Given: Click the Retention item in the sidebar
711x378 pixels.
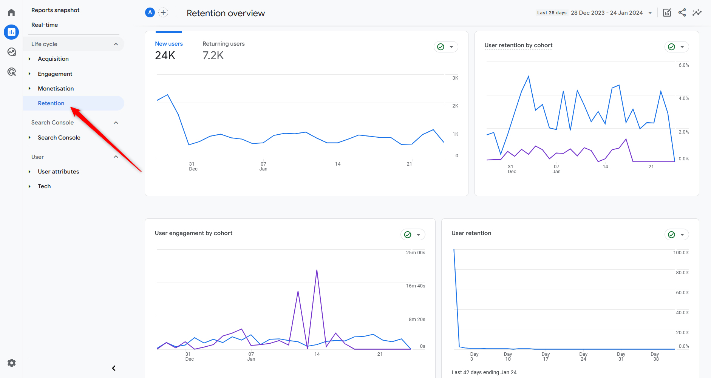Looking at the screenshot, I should (x=51, y=103).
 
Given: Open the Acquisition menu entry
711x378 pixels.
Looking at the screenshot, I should (x=53, y=59).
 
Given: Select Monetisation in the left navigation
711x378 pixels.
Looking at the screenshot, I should (x=56, y=89).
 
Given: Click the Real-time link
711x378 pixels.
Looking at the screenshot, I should (x=45, y=25).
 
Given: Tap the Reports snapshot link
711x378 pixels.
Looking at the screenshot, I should (x=55, y=10).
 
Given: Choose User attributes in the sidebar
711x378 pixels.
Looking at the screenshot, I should (x=58, y=172).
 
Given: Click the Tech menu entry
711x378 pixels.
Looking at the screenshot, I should (x=44, y=186).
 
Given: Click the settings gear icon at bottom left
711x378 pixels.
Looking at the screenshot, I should (x=12, y=363).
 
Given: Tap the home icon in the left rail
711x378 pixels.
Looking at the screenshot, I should (x=11, y=13).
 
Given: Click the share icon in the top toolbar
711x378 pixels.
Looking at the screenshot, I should (x=682, y=12).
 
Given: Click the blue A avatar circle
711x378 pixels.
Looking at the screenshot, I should (x=150, y=12).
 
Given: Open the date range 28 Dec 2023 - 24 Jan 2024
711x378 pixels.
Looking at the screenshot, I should (x=607, y=13).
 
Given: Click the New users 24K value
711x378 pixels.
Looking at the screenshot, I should (x=165, y=55).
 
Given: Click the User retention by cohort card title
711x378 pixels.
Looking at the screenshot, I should (x=518, y=45).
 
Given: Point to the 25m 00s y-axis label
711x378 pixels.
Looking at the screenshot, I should (x=415, y=253).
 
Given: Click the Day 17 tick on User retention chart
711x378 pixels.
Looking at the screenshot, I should (x=546, y=356).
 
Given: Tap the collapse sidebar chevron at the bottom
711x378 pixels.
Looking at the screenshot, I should (x=114, y=368).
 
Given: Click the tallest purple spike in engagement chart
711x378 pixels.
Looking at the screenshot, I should (x=317, y=271).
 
